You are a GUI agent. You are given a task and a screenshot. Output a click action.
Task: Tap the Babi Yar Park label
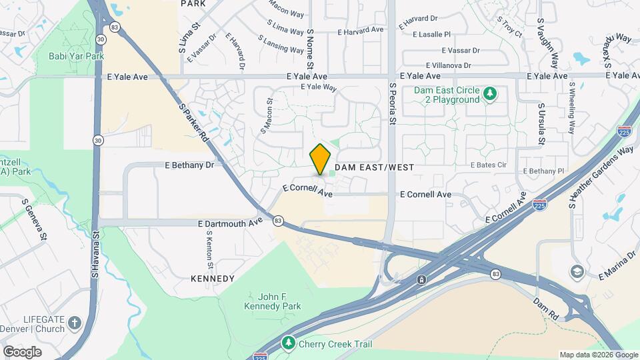click(77, 56)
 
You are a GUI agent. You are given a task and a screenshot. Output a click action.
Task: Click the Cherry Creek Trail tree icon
click(288, 343)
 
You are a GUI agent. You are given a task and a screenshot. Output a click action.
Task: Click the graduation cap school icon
click(576, 271)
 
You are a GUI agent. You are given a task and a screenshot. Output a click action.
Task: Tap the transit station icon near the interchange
click(421, 279)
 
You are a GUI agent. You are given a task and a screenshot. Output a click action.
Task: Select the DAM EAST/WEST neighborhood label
click(374, 167)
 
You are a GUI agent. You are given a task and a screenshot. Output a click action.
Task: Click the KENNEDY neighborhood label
click(213, 278)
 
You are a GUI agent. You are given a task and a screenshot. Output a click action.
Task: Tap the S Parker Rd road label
click(193, 122)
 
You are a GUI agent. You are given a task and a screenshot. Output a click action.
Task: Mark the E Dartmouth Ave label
click(230, 223)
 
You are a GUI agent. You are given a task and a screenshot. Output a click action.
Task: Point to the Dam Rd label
click(545, 306)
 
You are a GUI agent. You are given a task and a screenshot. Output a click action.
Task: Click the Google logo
click(22, 351)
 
